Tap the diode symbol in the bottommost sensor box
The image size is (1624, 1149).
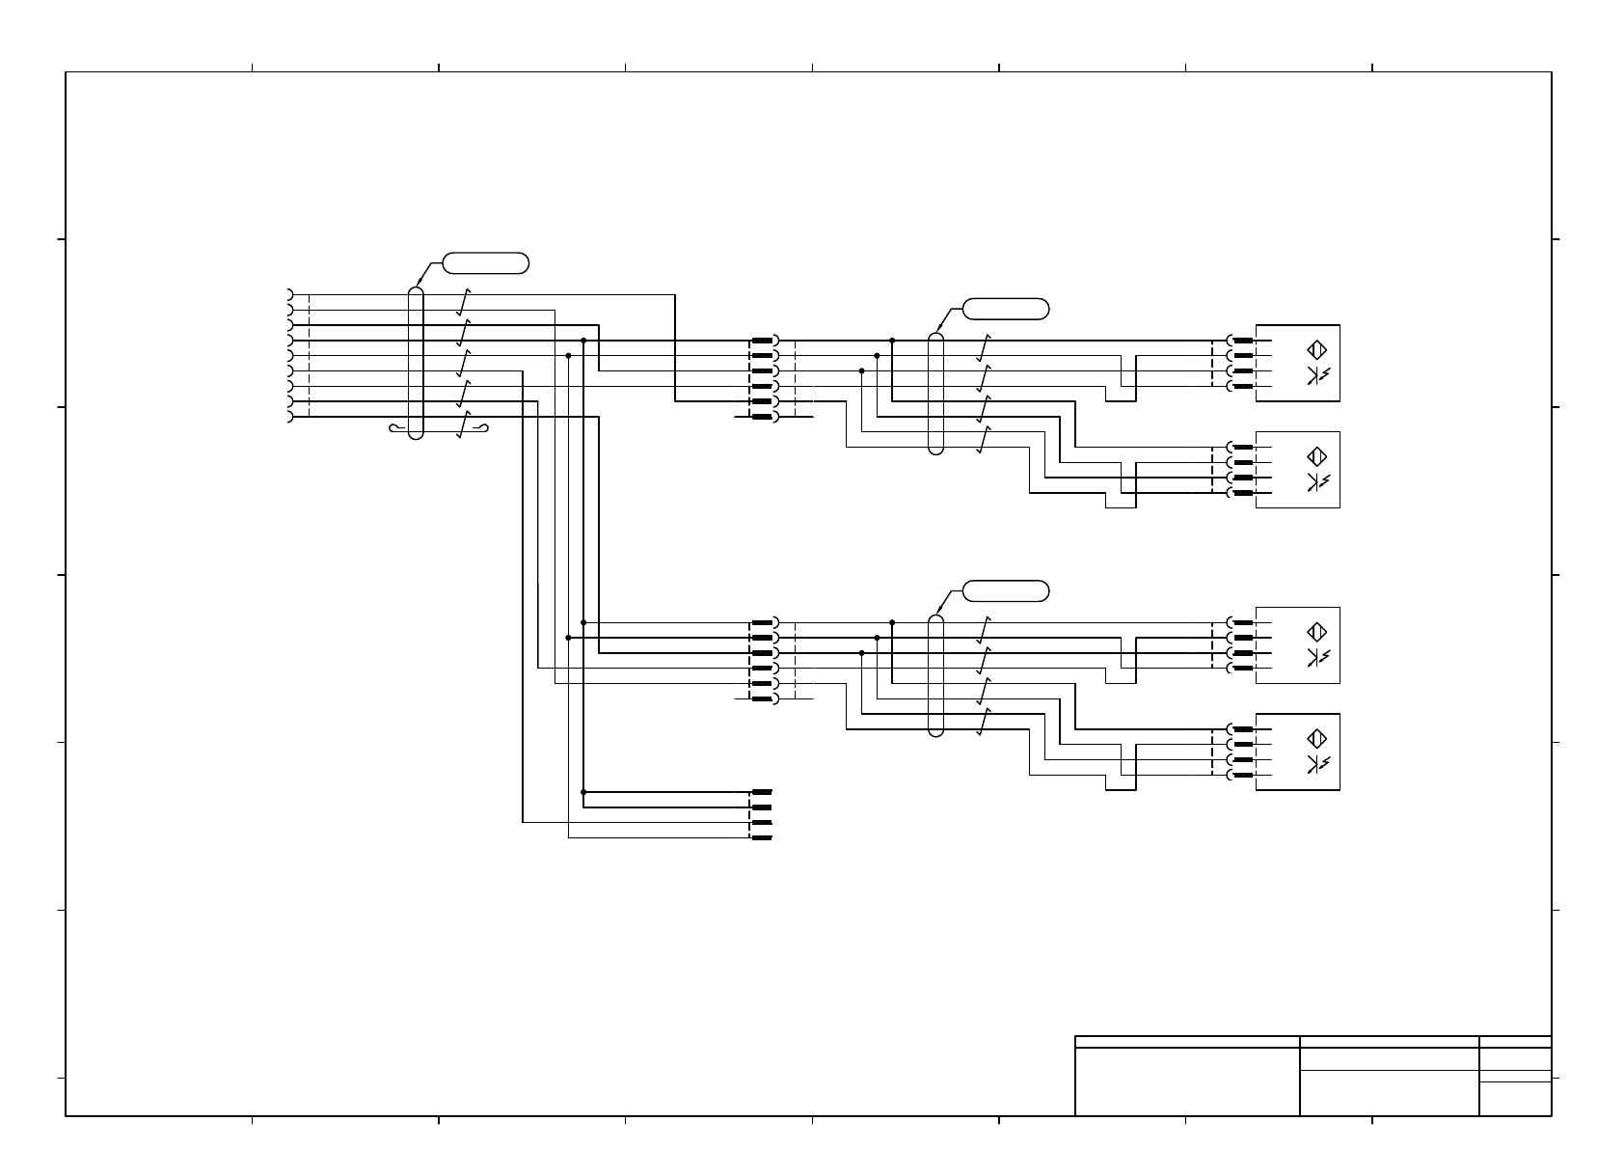1317,764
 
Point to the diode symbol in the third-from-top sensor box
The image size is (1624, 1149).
1317,657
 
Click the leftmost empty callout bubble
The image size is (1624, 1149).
486,261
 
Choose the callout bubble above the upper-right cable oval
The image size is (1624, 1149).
1006,309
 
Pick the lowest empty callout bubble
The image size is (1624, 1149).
1006,591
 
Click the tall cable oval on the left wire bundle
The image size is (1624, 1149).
416,363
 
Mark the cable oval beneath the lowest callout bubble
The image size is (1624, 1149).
935,675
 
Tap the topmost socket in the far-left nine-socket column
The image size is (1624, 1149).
289,294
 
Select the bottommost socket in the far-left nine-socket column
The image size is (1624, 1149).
289,417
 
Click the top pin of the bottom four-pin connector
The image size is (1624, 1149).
762,792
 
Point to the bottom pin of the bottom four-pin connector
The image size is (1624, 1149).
762,838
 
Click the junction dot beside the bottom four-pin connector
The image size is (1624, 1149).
583,792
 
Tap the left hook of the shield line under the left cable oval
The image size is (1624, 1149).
394,428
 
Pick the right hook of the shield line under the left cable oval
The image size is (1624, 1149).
484,428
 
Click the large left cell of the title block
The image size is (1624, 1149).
1187,1081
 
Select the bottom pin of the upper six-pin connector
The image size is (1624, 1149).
763,417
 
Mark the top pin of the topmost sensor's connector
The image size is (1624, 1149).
1242,341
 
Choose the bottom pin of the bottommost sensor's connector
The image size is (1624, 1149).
1242,776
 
